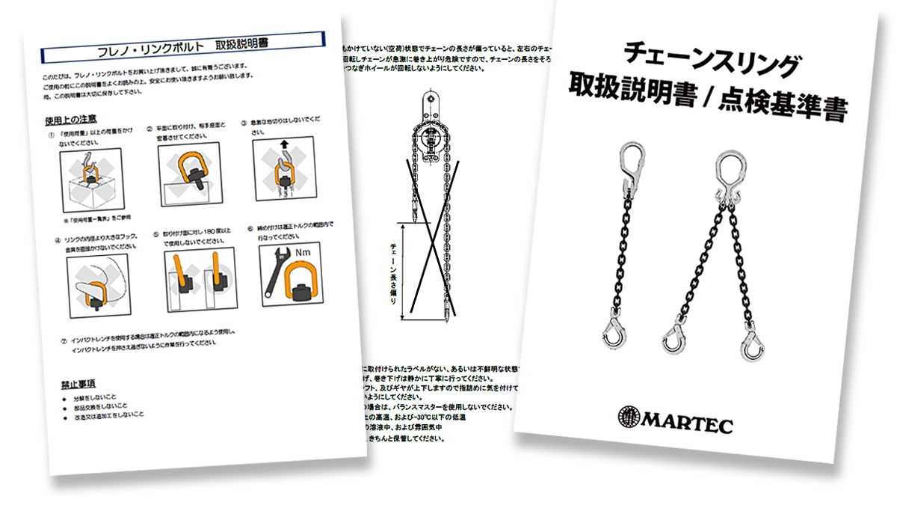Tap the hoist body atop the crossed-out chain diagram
[429, 135]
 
